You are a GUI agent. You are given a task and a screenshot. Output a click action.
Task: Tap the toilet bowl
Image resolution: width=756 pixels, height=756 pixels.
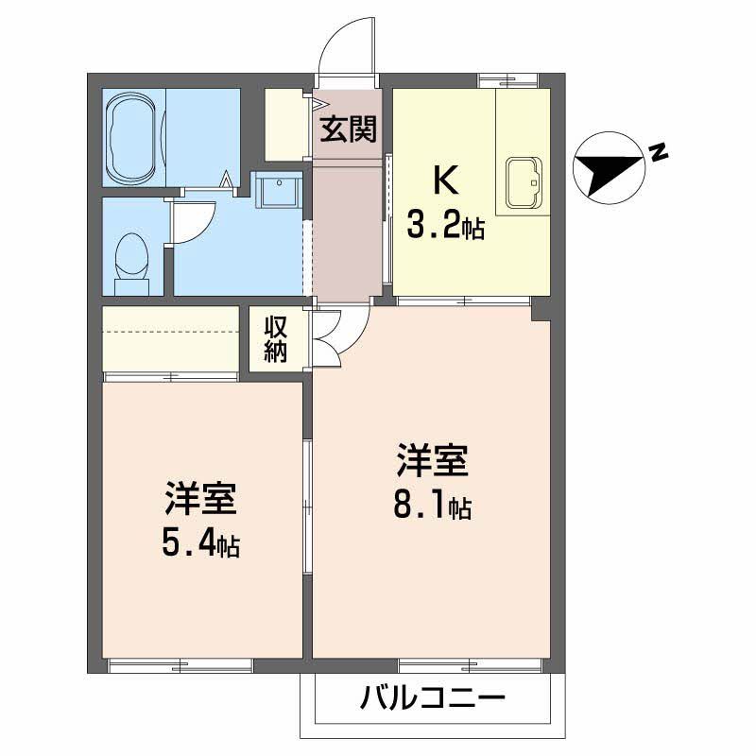[131, 257]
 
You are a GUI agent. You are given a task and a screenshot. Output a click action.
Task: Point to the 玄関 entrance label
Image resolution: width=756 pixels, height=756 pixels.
[347, 129]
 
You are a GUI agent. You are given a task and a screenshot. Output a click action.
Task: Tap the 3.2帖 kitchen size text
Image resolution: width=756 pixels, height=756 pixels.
[446, 226]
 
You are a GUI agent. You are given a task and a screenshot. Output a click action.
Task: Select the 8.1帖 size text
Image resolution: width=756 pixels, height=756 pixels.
[433, 506]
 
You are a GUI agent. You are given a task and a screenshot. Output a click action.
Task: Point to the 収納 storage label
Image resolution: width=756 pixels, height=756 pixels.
[275, 339]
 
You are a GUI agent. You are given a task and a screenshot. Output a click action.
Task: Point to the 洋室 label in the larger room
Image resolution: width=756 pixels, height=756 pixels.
[433, 463]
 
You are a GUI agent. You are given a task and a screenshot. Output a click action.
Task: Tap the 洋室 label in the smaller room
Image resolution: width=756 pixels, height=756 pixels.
[201, 500]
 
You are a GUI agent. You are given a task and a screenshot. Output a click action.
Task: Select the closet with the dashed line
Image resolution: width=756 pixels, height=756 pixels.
[170, 338]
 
